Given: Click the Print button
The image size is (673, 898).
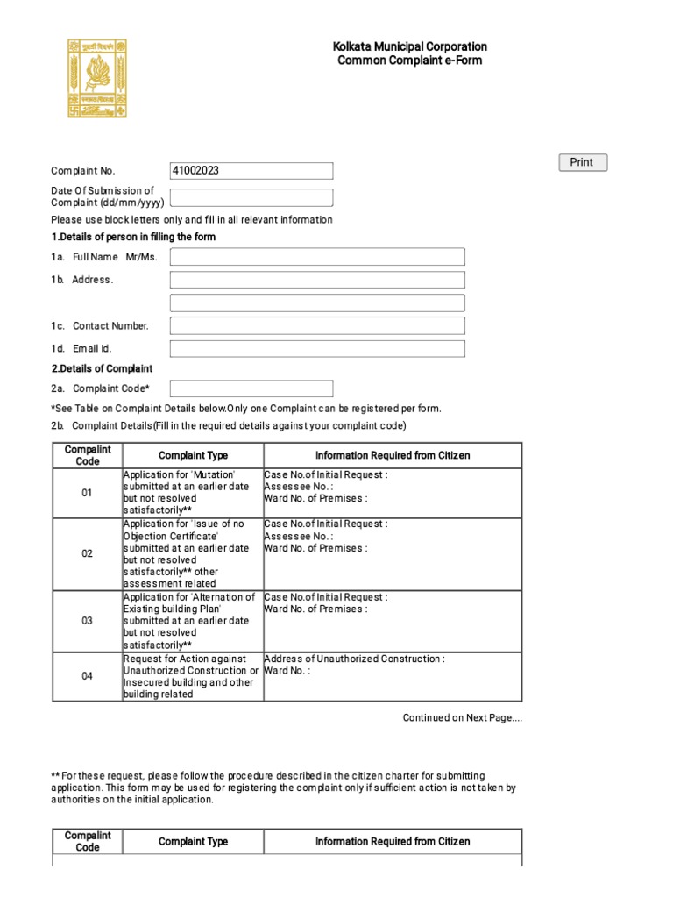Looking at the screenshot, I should [583, 162].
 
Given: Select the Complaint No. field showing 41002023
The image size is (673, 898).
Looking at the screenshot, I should [251, 171].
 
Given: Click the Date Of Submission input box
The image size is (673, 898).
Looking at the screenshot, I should [251, 197].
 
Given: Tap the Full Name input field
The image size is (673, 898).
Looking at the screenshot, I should [317, 257].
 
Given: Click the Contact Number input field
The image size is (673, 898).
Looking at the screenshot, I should [317, 326].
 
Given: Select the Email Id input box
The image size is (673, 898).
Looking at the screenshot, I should [317, 349].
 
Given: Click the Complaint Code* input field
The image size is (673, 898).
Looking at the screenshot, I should [251, 388].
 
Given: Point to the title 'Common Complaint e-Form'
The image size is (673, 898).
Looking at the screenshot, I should [409, 61].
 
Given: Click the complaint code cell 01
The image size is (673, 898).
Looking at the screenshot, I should [87, 493].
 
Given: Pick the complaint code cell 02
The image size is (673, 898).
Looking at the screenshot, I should [87, 554].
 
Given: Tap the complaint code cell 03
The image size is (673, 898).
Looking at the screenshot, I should [87, 621].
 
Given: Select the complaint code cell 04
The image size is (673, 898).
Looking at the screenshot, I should [87, 676].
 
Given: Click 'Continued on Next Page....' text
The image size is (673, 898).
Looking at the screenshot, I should [462, 718].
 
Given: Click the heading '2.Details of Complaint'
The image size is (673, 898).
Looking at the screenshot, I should [102, 369].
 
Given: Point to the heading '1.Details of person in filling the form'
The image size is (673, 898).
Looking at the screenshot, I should [133, 238].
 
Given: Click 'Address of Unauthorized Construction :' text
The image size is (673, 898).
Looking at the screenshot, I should [354, 659].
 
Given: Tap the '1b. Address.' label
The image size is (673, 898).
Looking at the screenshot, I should [82, 280].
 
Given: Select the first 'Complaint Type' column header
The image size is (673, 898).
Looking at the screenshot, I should [193, 456].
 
